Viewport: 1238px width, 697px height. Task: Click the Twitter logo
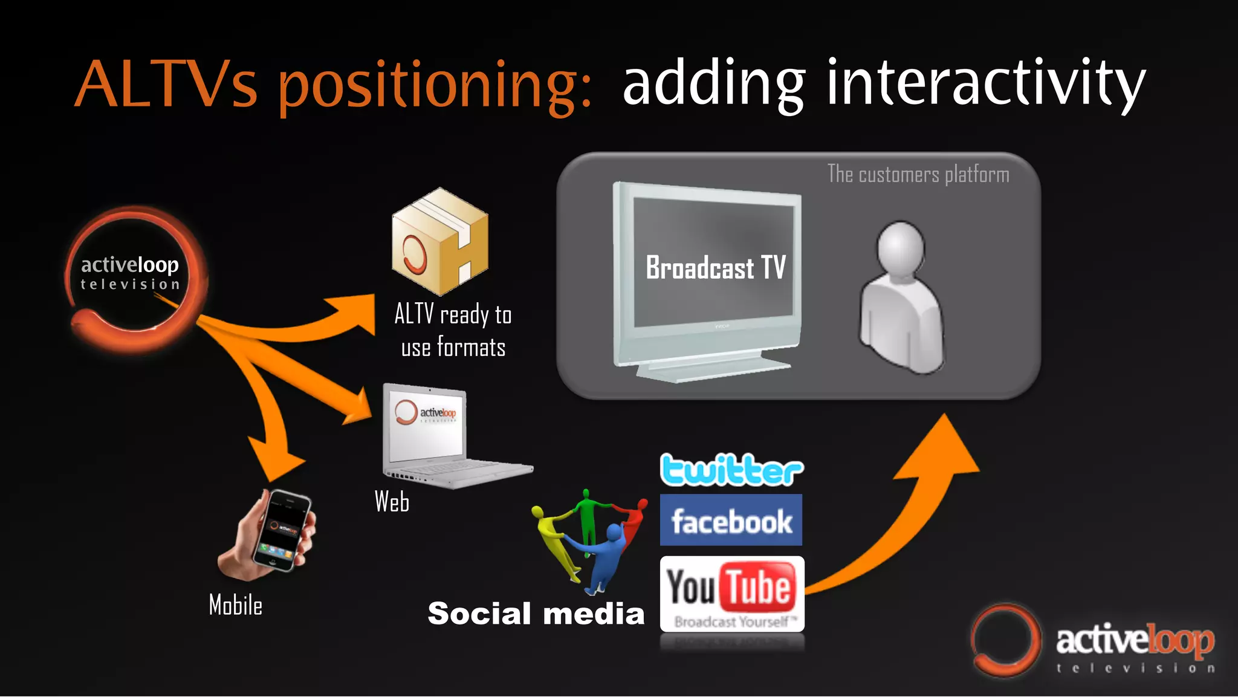[731, 470]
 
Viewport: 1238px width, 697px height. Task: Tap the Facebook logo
[731, 520]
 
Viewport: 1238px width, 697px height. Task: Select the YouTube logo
[731, 593]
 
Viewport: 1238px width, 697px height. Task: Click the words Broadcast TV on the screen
[716, 268]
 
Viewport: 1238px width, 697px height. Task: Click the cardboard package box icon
[439, 241]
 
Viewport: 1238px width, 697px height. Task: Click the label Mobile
[236, 605]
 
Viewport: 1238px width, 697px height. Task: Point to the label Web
[392, 502]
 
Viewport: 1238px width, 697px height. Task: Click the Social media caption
[536, 614]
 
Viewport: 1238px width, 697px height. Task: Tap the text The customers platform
[918, 175]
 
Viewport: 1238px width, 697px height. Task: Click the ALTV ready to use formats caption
[453, 331]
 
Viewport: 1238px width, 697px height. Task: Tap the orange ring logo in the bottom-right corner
[1005, 640]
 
